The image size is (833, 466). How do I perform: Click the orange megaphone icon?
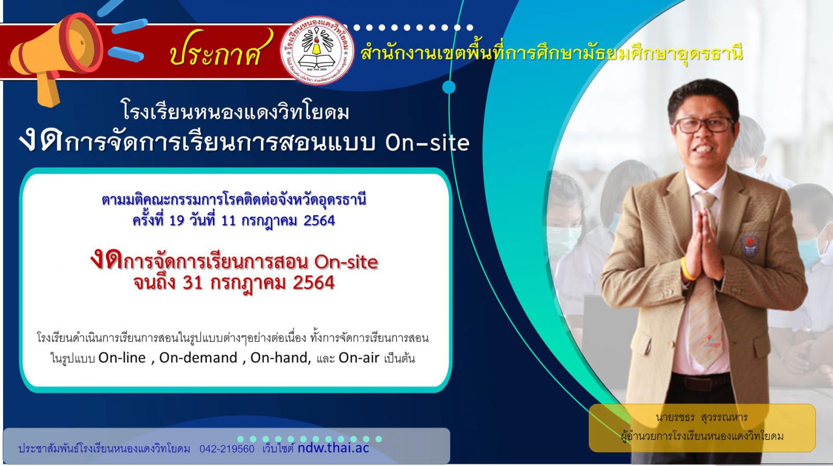pos(56,56)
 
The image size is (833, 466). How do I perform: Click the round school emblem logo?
pos(317,50)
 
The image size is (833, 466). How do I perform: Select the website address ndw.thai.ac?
pos(334,448)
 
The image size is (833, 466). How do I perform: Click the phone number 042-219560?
pos(227,449)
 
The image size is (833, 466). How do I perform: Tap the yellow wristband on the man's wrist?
pos(686,268)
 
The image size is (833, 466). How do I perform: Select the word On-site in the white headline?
pos(427,143)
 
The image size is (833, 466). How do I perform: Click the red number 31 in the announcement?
pos(192,283)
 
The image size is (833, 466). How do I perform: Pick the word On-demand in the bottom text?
pos(198,357)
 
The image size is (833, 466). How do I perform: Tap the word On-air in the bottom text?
pos(359,357)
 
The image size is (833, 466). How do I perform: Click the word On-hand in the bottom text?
pos(281,357)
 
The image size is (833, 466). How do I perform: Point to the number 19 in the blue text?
pos(176,221)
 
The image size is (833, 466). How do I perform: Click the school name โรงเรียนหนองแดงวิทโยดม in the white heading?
pos(235,111)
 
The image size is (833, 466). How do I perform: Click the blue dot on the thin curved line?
pos(449,87)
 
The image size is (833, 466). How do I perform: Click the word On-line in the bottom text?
pos(122,357)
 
